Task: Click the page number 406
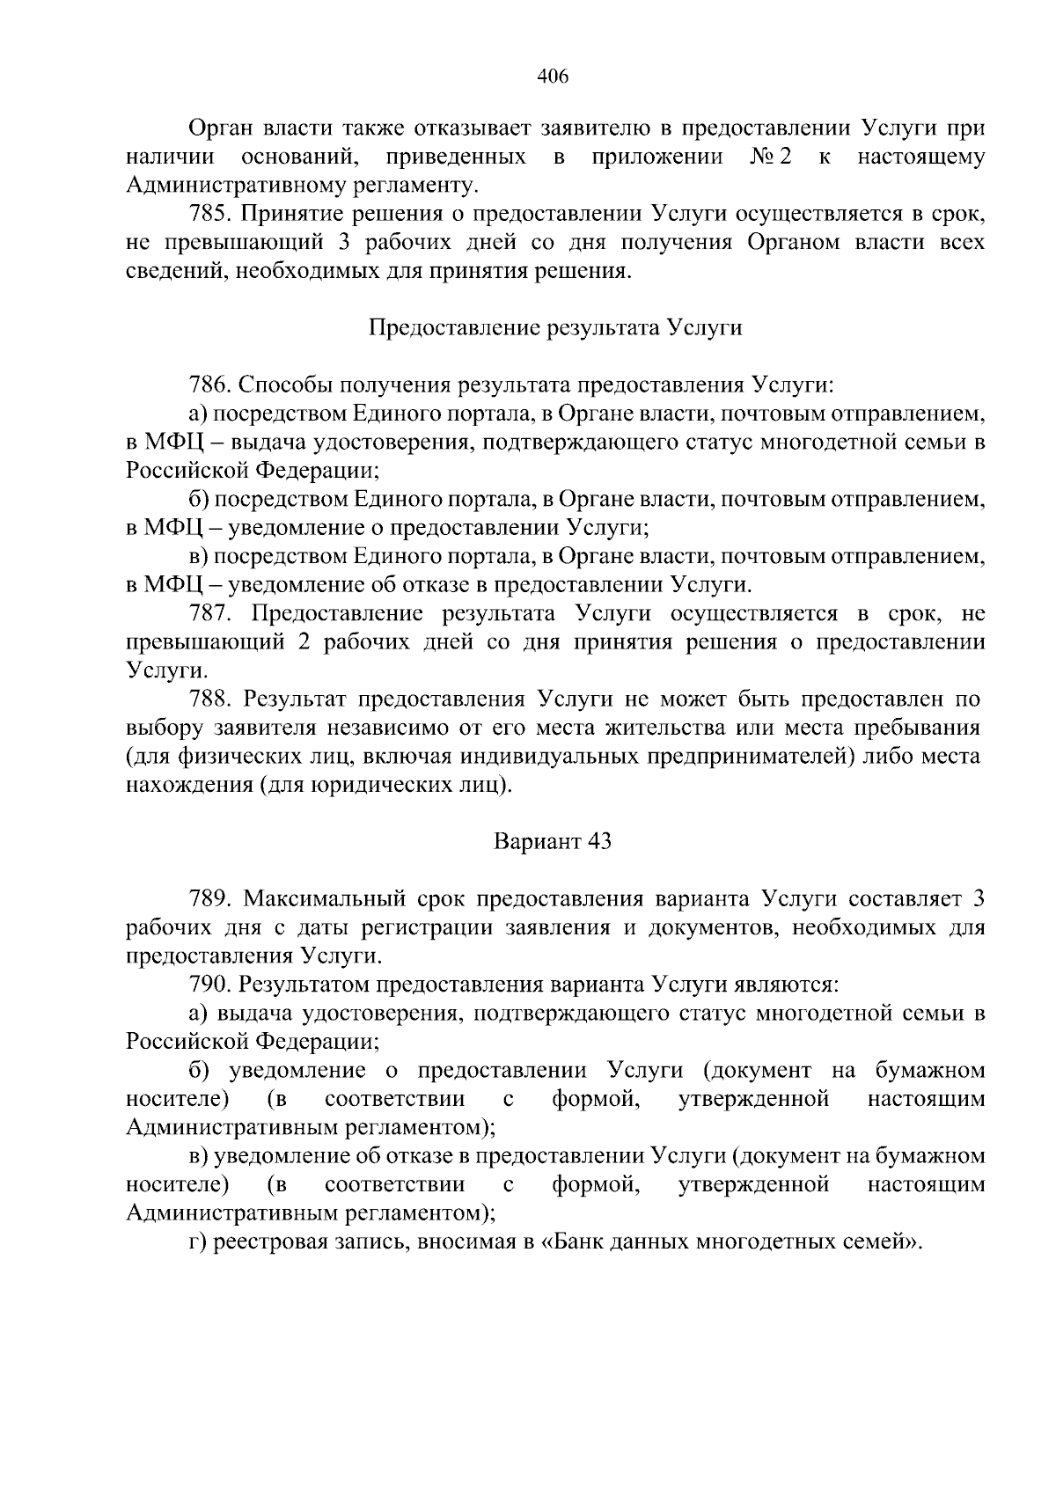(x=554, y=77)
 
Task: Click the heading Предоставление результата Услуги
(x=554, y=328)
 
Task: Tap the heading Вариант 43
(x=553, y=841)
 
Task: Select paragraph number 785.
(x=210, y=214)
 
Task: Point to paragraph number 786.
(x=210, y=385)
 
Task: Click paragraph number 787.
(x=210, y=613)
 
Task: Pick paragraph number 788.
(x=210, y=699)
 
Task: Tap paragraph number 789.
(x=210, y=898)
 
